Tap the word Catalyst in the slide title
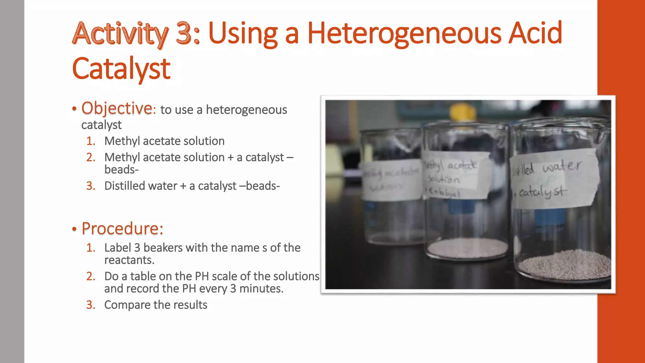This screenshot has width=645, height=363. click(121, 68)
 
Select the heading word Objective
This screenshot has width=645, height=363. click(117, 108)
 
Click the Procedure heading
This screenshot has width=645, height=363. click(122, 228)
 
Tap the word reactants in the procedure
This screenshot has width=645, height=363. click(129, 260)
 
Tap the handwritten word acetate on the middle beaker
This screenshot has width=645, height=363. click(462, 165)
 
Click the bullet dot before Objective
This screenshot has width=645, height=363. click(74, 109)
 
